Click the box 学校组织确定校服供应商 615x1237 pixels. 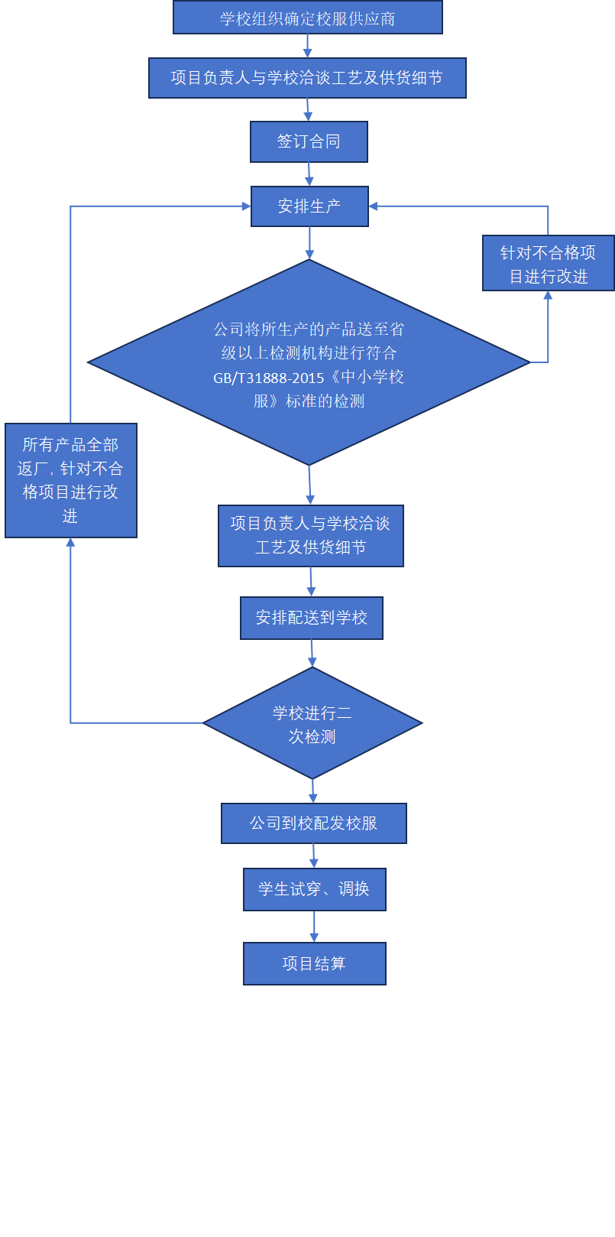point(307,18)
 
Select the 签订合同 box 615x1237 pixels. point(309,141)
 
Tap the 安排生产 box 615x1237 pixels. point(309,206)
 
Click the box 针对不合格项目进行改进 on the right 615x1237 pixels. point(548,263)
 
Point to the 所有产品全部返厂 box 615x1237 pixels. point(70,480)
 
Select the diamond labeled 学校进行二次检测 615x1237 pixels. point(312,723)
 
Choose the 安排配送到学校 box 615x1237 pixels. point(311,618)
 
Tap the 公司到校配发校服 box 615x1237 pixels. point(313,823)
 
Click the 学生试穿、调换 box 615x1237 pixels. point(314,889)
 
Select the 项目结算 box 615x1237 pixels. point(314,963)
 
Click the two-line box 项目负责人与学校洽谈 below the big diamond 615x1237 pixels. point(310,535)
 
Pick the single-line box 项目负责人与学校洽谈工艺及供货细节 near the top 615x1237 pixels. point(307,78)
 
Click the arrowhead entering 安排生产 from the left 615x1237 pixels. point(246,206)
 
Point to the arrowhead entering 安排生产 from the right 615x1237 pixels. point(374,206)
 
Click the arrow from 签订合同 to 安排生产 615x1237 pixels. point(309,174)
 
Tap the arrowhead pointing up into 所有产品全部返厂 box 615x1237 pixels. point(70,543)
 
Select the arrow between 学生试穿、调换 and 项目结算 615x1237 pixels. point(314,926)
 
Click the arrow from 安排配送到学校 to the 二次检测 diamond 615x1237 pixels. point(312,653)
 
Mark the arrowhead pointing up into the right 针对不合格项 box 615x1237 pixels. point(548,296)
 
